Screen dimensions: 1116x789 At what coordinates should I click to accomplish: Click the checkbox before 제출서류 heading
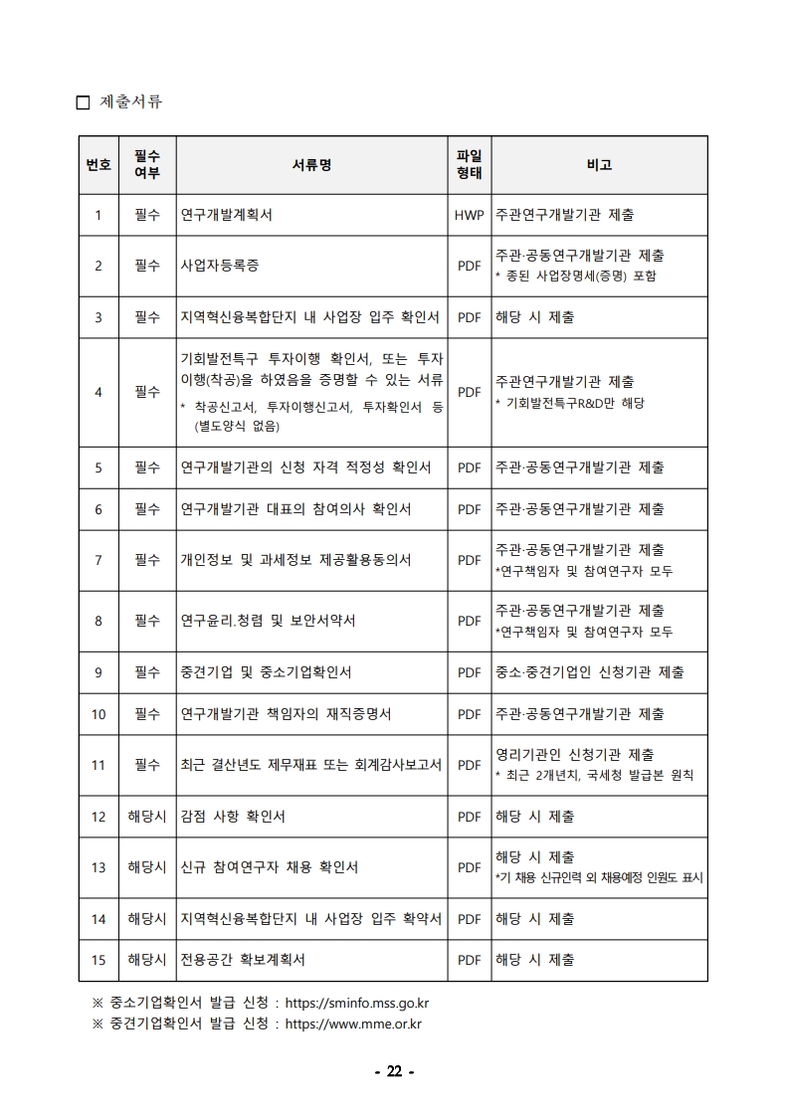coord(83,102)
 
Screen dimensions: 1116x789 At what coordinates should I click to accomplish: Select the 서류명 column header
coord(311,165)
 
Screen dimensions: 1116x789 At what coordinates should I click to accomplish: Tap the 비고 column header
coord(599,165)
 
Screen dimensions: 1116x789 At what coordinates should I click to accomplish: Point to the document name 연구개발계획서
coord(226,215)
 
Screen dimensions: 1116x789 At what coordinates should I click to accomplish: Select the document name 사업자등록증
coord(220,266)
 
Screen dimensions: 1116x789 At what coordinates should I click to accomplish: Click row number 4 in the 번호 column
coord(99,392)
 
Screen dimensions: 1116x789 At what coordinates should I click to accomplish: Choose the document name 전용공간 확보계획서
coord(243,960)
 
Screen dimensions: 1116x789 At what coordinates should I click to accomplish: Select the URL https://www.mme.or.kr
coord(353,1023)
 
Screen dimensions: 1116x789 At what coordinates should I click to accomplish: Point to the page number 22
coord(394,1071)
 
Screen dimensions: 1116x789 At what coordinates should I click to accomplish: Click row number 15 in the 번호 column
coord(99,960)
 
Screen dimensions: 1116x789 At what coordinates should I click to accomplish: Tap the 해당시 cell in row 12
coord(147,817)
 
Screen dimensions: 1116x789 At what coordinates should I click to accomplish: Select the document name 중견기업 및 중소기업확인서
coord(266,672)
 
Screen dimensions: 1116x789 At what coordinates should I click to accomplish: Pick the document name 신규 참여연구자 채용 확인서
coord(269,867)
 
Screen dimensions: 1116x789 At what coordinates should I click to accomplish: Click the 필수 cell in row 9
coord(147,672)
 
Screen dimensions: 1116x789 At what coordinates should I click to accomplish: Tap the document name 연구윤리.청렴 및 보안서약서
coord(268,621)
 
